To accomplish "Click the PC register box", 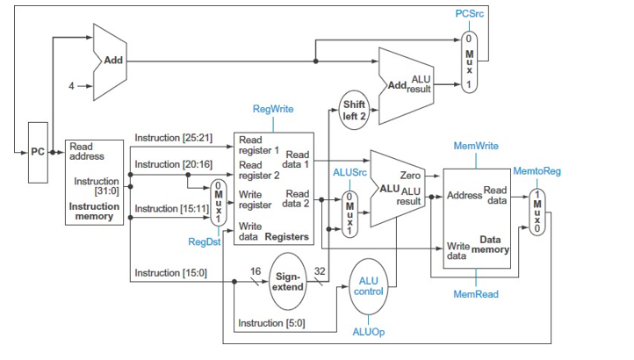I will click(38, 152).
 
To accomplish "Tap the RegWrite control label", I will click(273, 109).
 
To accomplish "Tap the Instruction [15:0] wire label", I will click(166, 273).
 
